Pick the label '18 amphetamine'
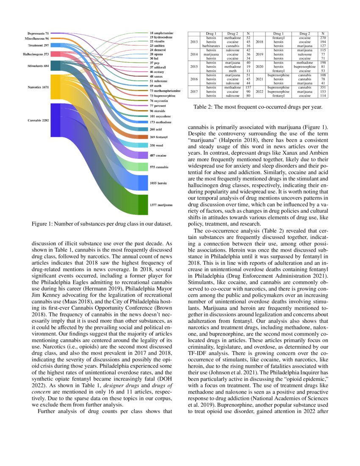(x=161, y=33)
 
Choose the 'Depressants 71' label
(x=38, y=33)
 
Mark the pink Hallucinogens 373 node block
(x=55, y=54)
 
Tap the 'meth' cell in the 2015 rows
(x=233, y=71)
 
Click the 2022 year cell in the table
(x=260, y=92)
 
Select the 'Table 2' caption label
(x=204, y=107)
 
